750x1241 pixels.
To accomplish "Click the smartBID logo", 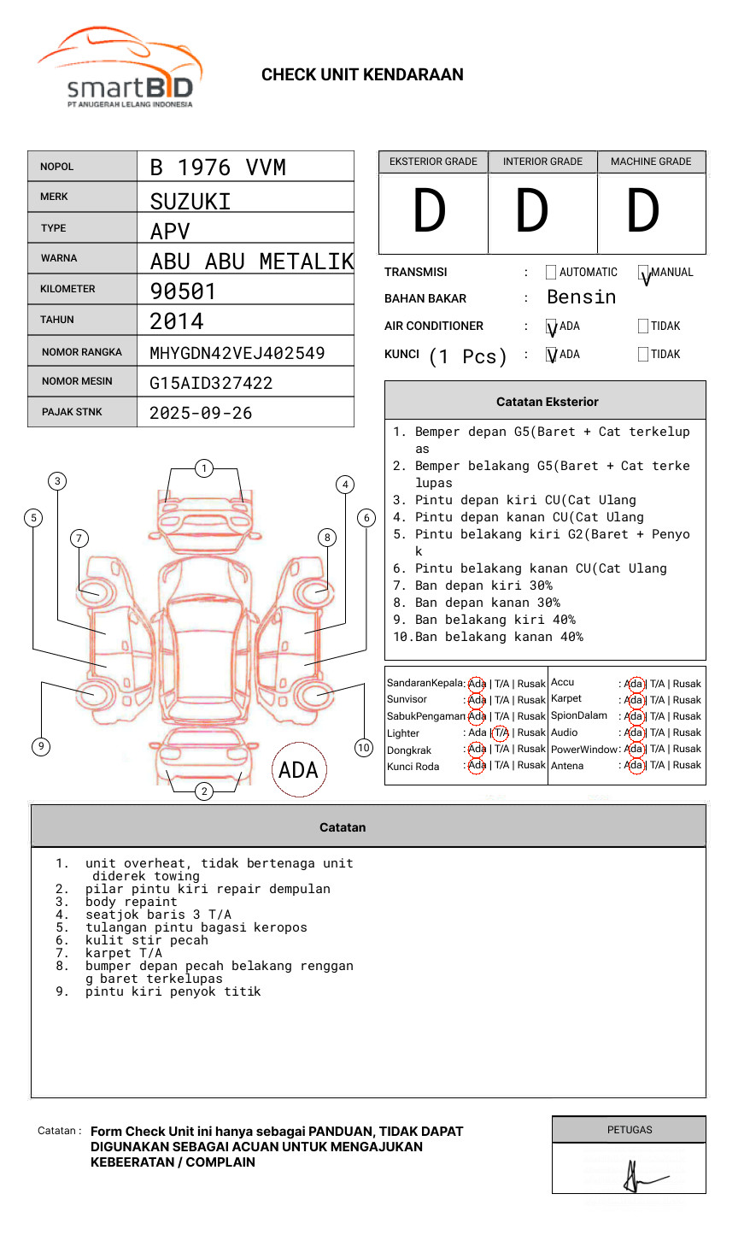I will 120,68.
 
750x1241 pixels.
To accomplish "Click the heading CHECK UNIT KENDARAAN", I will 362,75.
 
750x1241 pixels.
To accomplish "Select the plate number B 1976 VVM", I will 218,168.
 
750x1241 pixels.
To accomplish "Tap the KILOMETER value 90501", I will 183,291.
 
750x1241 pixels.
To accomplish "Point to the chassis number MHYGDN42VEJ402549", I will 237,353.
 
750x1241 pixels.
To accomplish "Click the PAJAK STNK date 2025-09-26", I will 201,413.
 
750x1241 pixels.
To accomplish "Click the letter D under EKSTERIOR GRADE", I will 430,212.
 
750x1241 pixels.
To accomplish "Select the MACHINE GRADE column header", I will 651,162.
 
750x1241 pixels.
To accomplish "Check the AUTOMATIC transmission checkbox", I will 551,273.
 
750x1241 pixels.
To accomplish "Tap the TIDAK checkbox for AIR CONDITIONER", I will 643,326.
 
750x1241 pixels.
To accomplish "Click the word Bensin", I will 581,297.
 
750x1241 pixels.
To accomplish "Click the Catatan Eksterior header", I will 547,402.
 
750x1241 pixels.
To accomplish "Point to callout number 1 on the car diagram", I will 203,468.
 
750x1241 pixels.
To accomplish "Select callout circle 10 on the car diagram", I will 364,748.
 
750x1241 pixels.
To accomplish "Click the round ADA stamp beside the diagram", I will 298,770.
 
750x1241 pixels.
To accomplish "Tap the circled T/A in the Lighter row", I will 501,733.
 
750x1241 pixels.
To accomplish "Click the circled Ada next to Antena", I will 634,766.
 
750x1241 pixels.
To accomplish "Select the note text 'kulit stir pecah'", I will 147,940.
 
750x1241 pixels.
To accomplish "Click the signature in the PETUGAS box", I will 641,1177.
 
